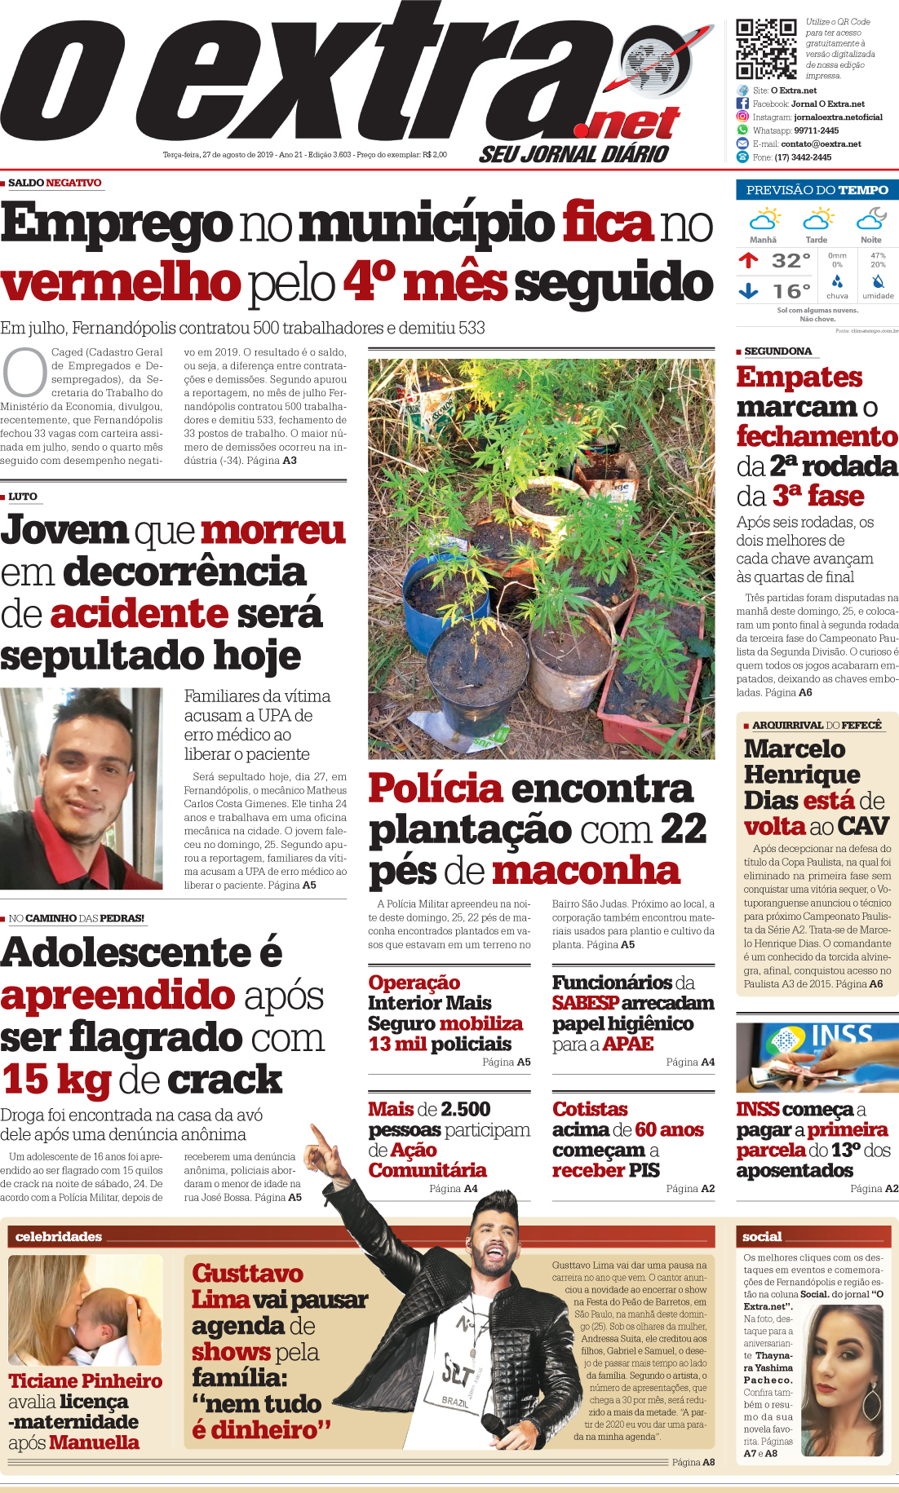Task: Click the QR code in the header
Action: coord(766,49)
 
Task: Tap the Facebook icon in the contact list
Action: coord(742,104)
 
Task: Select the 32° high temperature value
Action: coord(790,261)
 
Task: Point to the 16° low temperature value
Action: coord(790,291)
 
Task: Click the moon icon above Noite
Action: coord(871,219)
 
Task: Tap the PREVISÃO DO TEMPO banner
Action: coord(817,190)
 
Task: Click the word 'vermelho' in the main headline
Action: coord(121,283)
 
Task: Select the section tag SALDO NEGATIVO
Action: coord(55,183)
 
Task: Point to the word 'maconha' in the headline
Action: coord(586,871)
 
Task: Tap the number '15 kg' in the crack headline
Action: coord(56,1079)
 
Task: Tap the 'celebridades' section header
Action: coord(59,1237)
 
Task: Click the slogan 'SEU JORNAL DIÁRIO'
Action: coord(573,154)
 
